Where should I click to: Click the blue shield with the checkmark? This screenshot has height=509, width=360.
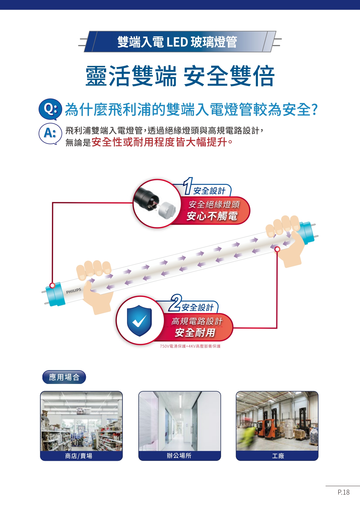tap(140, 321)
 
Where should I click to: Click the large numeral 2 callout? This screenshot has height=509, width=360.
tap(176, 303)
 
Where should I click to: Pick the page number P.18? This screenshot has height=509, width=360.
tap(343, 492)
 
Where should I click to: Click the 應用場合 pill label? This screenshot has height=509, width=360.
tap(64, 377)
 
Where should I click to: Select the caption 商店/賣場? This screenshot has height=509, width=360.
tap(79, 456)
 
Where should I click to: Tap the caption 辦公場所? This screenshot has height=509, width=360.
tap(179, 456)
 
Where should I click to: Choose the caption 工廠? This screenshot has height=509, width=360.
tap(278, 456)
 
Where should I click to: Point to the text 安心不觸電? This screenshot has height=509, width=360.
tap(212, 216)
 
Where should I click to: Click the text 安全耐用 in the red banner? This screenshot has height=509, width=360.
tap(195, 333)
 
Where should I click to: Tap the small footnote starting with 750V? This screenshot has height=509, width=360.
tap(190, 346)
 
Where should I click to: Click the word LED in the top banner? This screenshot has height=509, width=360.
tap(177, 42)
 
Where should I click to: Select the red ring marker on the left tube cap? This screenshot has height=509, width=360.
tap(52, 285)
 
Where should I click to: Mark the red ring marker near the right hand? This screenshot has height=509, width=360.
tap(277, 249)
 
